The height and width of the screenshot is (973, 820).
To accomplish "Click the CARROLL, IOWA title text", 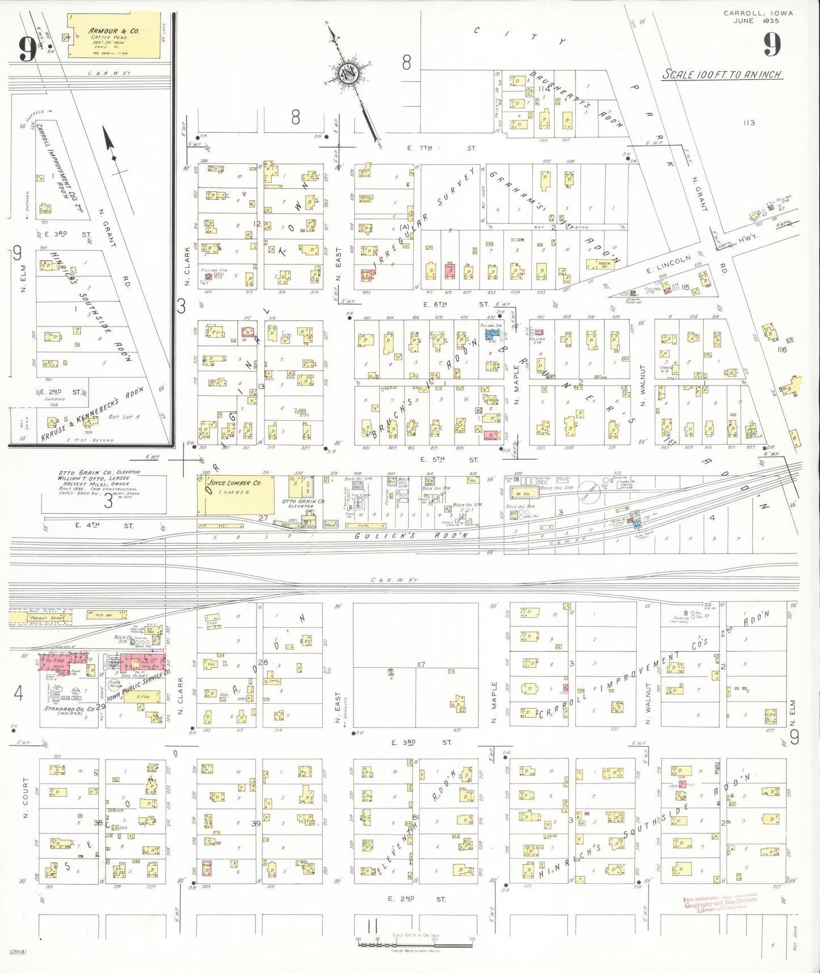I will [x=758, y=13].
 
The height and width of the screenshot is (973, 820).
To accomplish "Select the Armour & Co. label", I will [x=113, y=31].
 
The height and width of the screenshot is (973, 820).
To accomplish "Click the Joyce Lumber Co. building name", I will [x=233, y=483].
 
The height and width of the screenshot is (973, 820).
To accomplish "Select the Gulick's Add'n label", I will [x=411, y=535].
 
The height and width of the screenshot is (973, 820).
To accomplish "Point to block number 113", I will [x=749, y=123].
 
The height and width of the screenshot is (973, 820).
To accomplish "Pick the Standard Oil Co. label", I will [x=69, y=710].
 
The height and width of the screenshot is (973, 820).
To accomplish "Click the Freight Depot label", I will [x=47, y=617].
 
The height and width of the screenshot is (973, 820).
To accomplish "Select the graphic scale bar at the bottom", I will [x=415, y=945].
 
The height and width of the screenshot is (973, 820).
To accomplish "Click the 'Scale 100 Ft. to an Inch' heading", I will [x=722, y=74].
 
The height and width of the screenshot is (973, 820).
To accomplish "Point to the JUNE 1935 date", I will [x=756, y=21].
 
